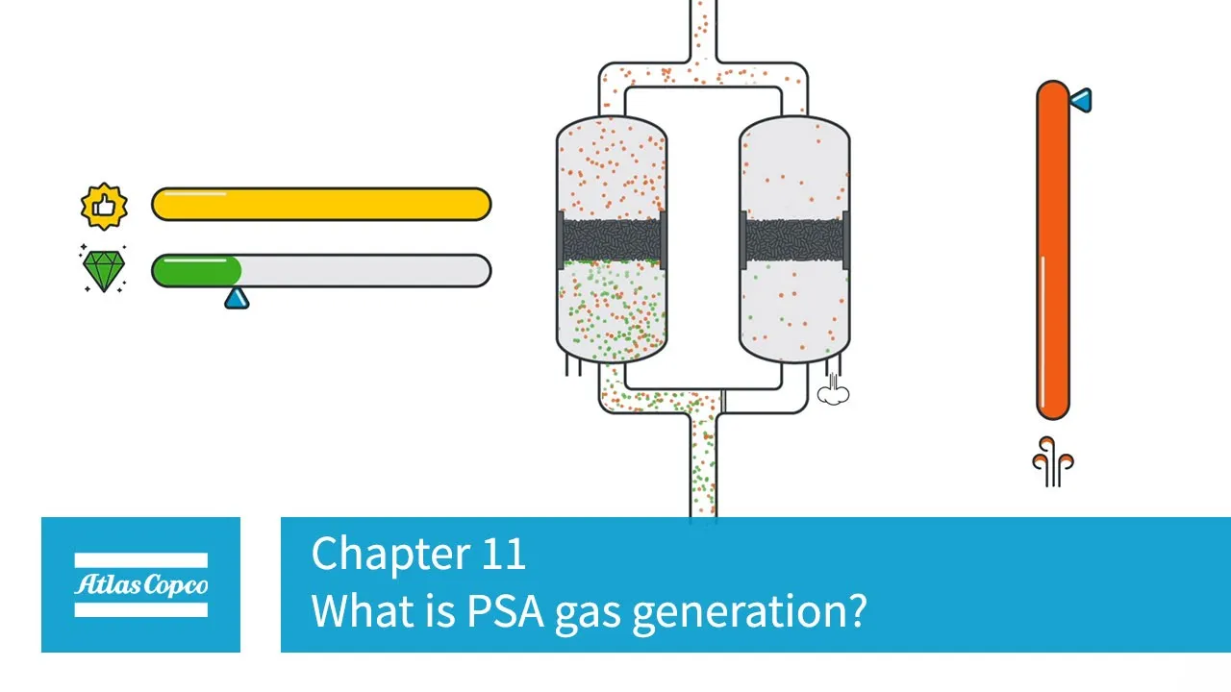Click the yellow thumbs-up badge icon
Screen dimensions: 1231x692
point(103,206)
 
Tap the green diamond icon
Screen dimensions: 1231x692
point(103,270)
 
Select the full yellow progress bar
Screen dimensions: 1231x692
point(321,205)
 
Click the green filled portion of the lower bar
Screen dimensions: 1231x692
point(197,271)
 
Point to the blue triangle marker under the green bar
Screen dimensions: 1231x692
point(237,298)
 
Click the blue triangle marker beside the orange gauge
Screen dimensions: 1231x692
point(1081,99)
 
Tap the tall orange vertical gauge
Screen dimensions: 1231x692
point(1052,250)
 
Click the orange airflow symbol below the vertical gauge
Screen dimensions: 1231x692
point(1052,461)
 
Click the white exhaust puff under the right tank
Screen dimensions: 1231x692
point(833,392)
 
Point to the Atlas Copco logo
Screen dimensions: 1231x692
point(140,584)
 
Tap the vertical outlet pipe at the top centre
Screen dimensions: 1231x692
point(703,29)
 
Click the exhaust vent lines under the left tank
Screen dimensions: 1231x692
point(573,366)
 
